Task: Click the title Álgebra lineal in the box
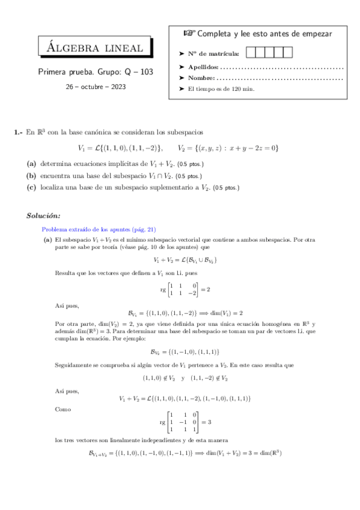coord(96,49)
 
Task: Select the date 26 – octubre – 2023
coord(96,87)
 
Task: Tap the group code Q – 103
coord(138,72)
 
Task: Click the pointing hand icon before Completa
coord(189,34)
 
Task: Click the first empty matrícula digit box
coord(252,53)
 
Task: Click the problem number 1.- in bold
coord(18,132)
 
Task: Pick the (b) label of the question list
coord(32,176)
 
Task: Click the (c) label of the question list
coord(32,187)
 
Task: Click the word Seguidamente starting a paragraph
coord(73,364)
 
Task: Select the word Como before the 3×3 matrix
coord(62,408)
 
